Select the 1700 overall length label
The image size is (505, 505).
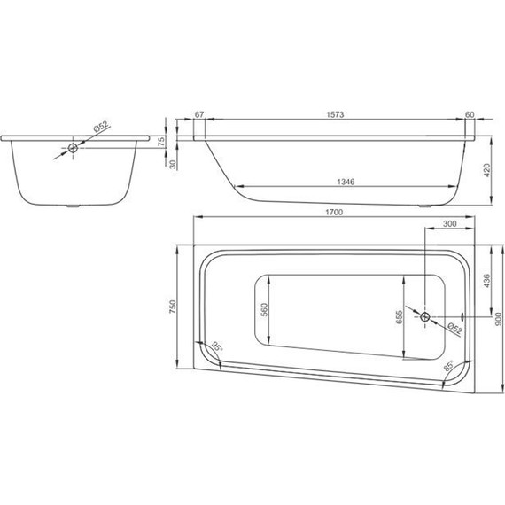coord(334,213)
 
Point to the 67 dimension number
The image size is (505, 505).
coord(198,115)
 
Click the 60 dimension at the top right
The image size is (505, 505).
coord(470,115)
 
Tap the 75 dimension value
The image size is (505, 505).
coord(161,142)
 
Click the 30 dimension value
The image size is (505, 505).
coord(161,164)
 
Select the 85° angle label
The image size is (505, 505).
coord(450,366)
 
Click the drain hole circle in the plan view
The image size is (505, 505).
coord(426,316)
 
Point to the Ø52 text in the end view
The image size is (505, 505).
coord(100,129)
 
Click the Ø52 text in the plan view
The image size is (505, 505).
coord(453,329)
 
